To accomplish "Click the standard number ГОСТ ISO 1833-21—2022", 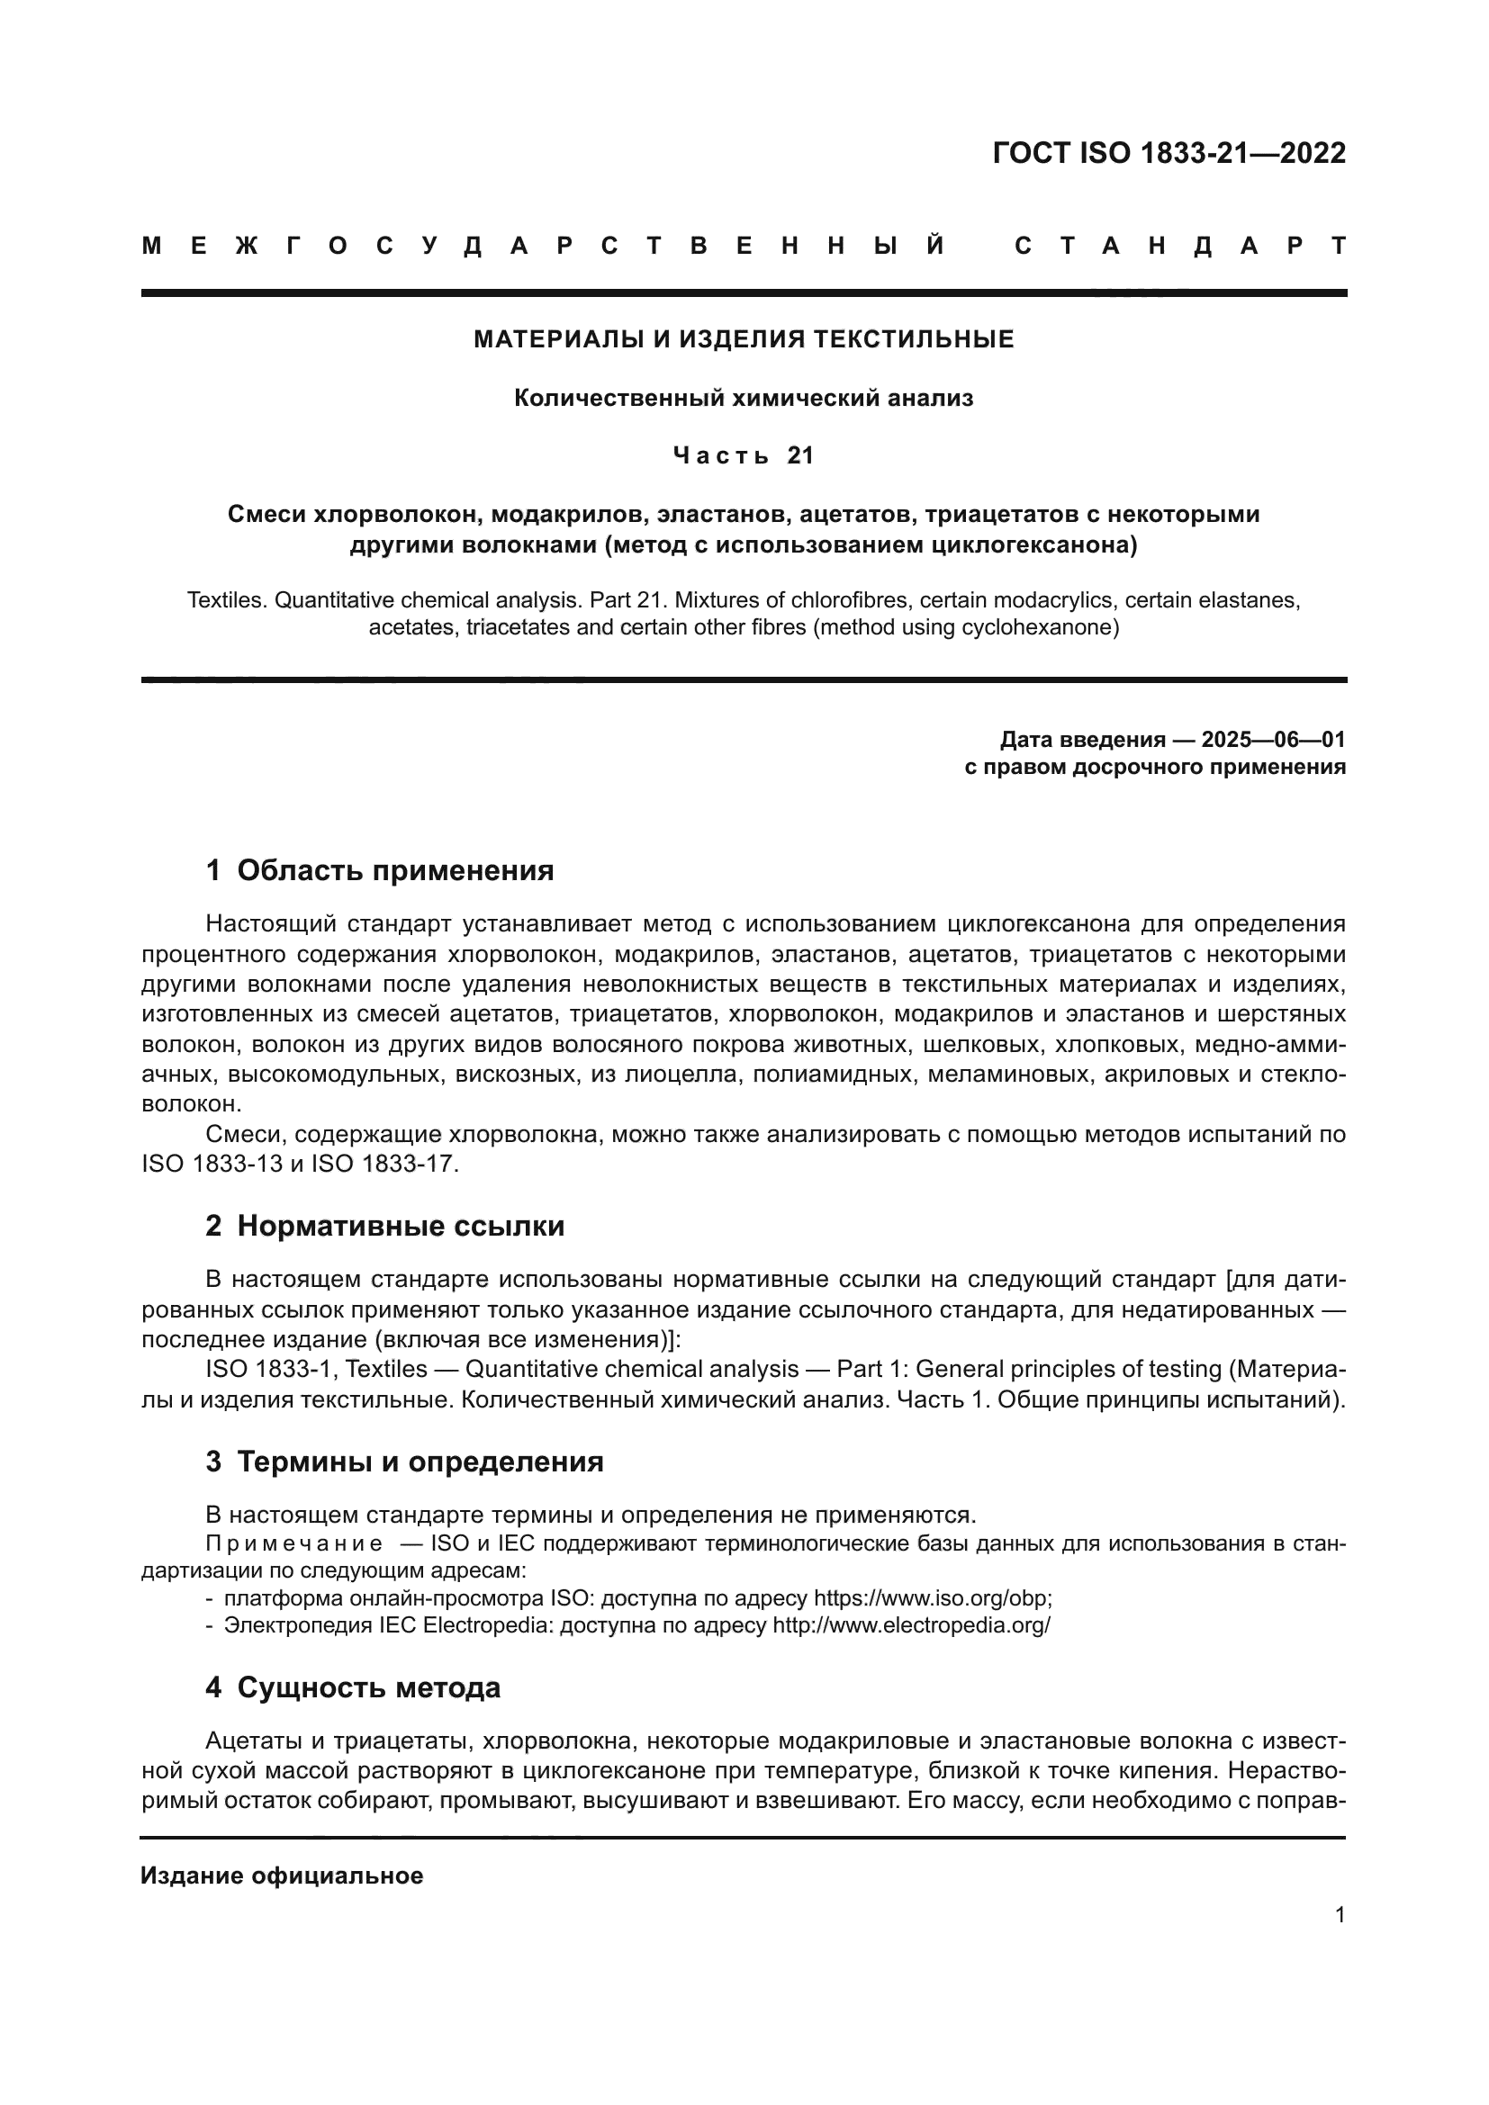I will click(1169, 153).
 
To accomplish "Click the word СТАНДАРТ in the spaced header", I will click(1180, 246).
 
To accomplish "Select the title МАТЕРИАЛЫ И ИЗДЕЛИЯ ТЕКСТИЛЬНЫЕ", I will click(744, 340).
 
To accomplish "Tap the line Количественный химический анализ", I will click(744, 398).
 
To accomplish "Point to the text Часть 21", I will click(744, 455).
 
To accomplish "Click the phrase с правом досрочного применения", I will click(1155, 767).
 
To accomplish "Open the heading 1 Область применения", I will click(380, 870).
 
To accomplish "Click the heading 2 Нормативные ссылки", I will click(385, 1226).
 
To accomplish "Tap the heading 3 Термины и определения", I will click(404, 1462).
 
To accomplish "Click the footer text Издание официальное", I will click(282, 1876).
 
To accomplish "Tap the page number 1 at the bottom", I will click(1340, 1915).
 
